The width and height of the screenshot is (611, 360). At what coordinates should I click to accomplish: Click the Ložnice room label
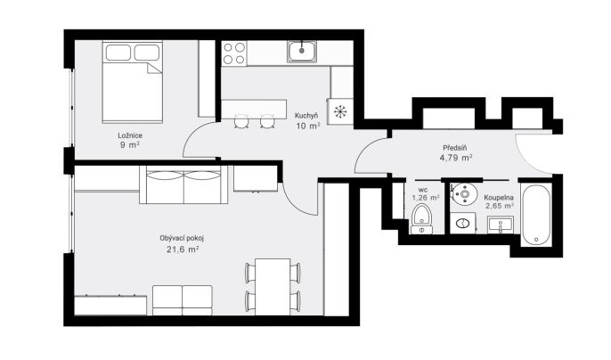[130, 135]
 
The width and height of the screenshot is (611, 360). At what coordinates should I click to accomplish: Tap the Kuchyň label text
[306, 116]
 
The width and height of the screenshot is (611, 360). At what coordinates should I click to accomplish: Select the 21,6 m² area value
[183, 250]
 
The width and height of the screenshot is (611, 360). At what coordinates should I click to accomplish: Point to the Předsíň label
[455, 148]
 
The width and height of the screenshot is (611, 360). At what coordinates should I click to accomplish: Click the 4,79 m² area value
[456, 158]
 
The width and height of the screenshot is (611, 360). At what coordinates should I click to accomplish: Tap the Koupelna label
[499, 198]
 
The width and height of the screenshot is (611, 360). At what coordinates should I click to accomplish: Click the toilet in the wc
[421, 219]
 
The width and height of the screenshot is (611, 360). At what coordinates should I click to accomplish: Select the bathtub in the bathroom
[536, 215]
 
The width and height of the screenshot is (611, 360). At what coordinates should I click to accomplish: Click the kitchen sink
[302, 52]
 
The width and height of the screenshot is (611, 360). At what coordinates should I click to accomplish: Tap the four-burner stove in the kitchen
[234, 53]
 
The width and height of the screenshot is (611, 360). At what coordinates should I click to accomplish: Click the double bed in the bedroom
[133, 82]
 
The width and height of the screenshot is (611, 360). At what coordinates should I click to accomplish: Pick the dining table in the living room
[273, 287]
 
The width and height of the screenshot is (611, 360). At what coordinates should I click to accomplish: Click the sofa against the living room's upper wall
[183, 184]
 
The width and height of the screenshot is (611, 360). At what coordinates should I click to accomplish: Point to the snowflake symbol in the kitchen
[340, 112]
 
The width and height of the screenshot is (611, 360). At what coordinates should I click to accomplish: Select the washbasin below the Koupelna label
[501, 225]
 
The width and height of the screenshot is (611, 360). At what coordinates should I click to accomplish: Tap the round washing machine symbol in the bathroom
[465, 194]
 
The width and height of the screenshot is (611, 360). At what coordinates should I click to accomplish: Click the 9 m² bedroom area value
[130, 145]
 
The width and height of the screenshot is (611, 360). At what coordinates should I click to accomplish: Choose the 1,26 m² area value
[426, 198]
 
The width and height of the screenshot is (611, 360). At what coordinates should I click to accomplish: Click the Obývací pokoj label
[182, 238]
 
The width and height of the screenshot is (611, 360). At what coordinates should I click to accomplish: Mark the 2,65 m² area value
[500, 206]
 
